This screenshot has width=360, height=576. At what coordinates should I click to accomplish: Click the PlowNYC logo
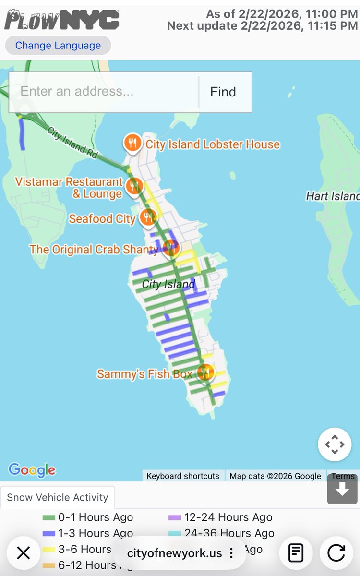tap(61, 20)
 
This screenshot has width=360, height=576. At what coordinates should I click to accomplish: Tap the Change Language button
tap(58, 46)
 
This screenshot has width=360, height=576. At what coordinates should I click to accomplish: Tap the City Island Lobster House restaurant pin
tap(132, 143)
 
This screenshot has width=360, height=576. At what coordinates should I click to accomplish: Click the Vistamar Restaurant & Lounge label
tap(69, 188)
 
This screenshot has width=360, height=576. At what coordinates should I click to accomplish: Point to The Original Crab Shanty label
tap(94, 250)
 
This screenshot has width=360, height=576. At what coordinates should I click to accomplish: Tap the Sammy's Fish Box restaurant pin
tap(205, 372)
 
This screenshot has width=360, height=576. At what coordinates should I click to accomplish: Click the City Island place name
tap(168, 284)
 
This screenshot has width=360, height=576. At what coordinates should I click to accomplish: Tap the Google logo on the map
tap(32, 469)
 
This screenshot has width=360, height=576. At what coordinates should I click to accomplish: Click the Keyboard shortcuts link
tap(183, 476)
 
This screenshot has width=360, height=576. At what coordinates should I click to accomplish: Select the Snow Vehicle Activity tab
tap(58, 497)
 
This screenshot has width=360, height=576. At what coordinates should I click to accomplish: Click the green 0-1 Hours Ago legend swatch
tap(49, 518)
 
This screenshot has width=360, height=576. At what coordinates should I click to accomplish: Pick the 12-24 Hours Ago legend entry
tap(228, 517)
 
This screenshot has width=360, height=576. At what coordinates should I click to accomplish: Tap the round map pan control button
tap(335, 444)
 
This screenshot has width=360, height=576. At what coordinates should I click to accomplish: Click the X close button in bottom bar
tap(23, 553)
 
